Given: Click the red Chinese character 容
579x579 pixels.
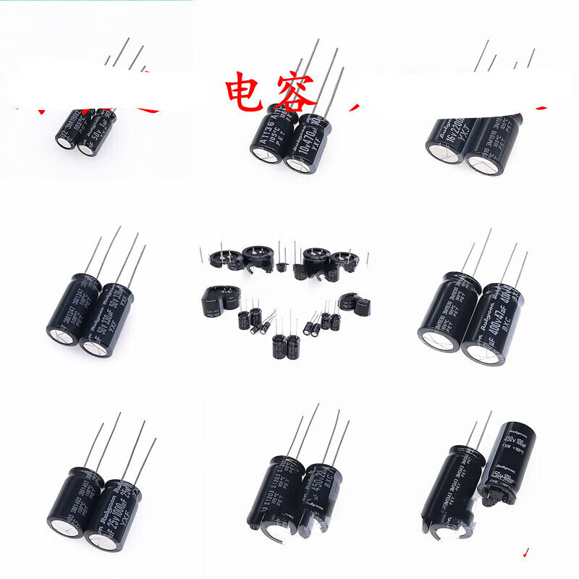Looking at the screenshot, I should tap(293, 93).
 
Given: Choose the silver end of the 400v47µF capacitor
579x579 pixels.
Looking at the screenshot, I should tap(483, 353).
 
